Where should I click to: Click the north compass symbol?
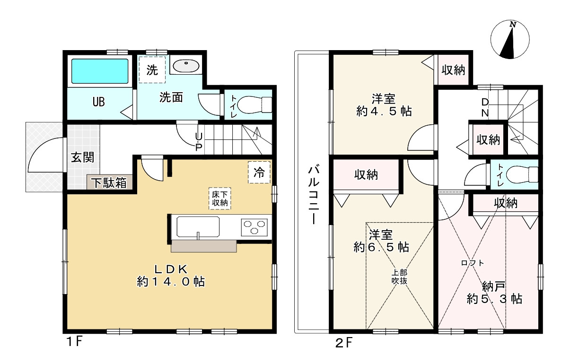point(509,40)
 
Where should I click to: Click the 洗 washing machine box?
point(152,70)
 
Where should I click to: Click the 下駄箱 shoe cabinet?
point(109,182)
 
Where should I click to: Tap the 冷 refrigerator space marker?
point(259,173)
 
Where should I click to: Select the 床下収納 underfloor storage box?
point(220,198)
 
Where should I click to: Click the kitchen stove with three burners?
point(254,227)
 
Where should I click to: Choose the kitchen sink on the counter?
point(198,227)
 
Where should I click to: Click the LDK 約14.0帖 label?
point(170,275)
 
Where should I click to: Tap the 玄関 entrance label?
point(83,157)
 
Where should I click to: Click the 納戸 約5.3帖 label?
point(494,293)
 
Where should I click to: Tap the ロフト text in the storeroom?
point(473,263)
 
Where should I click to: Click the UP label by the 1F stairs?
point(199,140)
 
